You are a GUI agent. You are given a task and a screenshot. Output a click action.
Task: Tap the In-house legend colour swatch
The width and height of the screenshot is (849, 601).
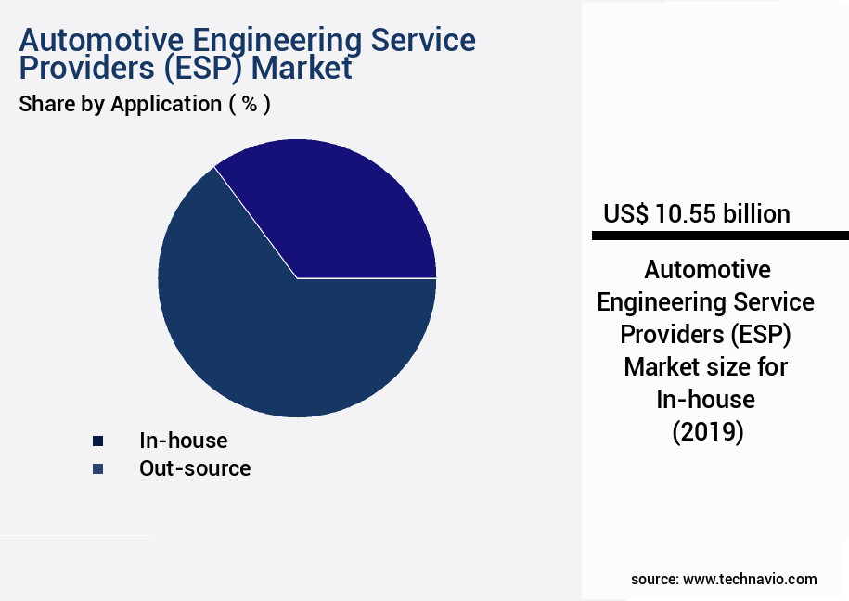pos(97,441)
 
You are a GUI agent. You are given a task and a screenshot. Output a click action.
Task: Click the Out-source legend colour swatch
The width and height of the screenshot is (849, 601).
pos(97,469)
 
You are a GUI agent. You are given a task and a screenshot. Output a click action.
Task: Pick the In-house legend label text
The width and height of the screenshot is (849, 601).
pos(183,441)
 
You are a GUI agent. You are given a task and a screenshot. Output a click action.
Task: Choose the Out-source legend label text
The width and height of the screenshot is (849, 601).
pos(195,468)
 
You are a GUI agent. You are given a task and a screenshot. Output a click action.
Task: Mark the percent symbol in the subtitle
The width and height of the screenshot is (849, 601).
pos(250,104)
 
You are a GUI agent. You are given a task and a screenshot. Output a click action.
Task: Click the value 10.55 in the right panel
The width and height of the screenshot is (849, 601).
pos(686,214)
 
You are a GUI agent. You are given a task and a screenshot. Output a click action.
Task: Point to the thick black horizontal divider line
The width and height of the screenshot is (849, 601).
pos(720,237)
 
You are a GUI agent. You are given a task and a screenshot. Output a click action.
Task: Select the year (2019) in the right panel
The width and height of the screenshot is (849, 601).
pos(706,432)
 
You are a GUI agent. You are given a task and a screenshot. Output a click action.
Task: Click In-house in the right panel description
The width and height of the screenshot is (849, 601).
pos(706,400)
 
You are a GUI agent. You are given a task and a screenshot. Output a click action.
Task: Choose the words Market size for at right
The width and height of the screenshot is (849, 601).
pos(706,367)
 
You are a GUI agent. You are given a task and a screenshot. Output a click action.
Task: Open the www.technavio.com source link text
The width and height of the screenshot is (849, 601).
pos(750,579)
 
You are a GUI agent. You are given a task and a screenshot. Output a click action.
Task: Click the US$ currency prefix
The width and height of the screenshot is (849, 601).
pos(627,214)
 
